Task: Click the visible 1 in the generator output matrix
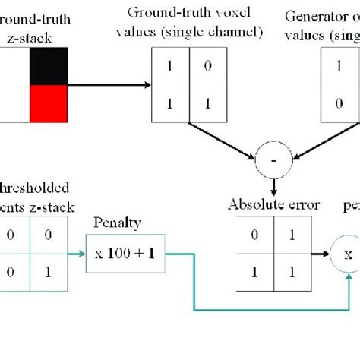coord(339,66)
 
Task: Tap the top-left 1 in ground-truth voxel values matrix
coord(170,66)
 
